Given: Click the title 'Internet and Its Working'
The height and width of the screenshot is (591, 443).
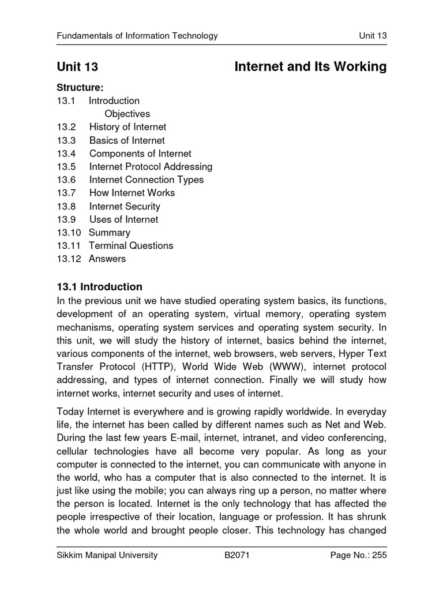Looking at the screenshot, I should click(x=310, y=67).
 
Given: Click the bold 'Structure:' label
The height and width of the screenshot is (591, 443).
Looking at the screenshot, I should click(x=80, y=88).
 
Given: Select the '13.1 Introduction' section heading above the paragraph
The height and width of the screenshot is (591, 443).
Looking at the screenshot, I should click(x=99, y=287).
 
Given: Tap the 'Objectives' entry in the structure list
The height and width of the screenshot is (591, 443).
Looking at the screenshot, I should click(x=127, y=114).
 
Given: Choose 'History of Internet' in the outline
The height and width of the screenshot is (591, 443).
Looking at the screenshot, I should click(x=127, y=127).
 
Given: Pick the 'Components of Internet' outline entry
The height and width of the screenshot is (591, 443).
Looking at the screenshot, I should click(x=140, y=154).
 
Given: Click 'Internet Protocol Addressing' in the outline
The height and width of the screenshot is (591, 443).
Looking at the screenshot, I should click(x=151, y=167).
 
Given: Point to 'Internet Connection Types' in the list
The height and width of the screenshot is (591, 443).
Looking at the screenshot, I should click(x=146, y=179).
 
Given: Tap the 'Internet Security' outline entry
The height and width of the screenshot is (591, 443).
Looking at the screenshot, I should click(x=125, y=206).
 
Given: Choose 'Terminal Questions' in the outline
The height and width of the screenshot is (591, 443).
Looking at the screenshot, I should click(x=130, y=245).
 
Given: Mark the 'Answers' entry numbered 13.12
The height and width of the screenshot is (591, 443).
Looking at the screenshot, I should click(x=107, y=259).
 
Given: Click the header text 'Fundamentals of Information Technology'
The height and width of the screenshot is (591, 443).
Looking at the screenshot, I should click(x=137, y=36).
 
